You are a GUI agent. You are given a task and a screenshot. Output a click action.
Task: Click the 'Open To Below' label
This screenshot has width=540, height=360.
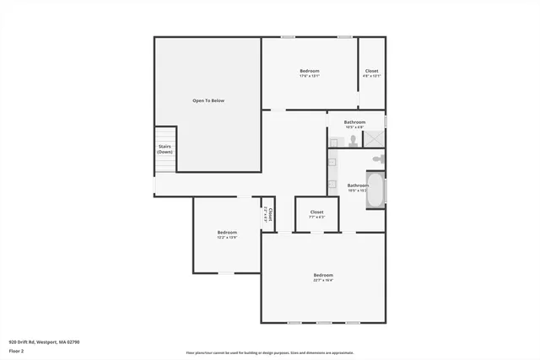pyautogui.click(x=208, y=100)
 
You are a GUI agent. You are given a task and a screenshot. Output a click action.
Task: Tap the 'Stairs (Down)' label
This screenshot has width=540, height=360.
pyautogui.click(x=165, y=149)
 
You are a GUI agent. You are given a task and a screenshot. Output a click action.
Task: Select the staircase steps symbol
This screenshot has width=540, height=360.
pyautogui.click(x=165, y=135)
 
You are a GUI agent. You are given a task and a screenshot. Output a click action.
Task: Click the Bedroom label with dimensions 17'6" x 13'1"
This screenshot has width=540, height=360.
pyautogui.click(x=310, y=71)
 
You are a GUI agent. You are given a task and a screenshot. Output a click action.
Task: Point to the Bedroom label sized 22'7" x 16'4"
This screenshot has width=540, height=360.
pyautogui.click(x=323, y=276)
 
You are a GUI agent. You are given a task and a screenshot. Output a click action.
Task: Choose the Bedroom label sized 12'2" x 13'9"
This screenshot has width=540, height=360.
pyautogui.click(x=227, y=232)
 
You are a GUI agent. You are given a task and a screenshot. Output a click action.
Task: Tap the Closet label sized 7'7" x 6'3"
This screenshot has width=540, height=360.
pyautogui.click(x=316, y=212)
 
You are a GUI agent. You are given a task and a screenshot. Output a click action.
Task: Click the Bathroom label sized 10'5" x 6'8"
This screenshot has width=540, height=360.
pyautogui.click(x=354, y=122)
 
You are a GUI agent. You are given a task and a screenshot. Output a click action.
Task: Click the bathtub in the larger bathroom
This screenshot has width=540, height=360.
pyautogui.click(x=377, y=190)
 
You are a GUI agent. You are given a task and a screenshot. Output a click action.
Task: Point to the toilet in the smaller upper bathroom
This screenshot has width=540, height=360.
pyautogui.click(x=353, y=140)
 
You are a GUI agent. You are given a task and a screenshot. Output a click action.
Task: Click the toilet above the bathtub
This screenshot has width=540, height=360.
pyautogui.click(x=379, y=159)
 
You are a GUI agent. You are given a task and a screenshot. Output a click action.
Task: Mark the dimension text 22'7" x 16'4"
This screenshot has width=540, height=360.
pyautogui.click(x=323, y=281)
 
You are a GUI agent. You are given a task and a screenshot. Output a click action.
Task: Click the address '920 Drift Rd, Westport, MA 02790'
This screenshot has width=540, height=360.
pyautogui.click(x=44, y=342)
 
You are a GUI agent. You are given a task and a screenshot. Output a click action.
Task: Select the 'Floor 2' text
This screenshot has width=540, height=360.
pyautogui.click(x=17, y=352)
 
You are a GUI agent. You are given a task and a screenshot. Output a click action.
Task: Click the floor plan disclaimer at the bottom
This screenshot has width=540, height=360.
pyautogui.click(x=270, y=353)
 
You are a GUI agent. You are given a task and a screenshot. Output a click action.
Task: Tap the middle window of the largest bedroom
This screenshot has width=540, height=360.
pyautogui.click(x=323, y=323)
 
